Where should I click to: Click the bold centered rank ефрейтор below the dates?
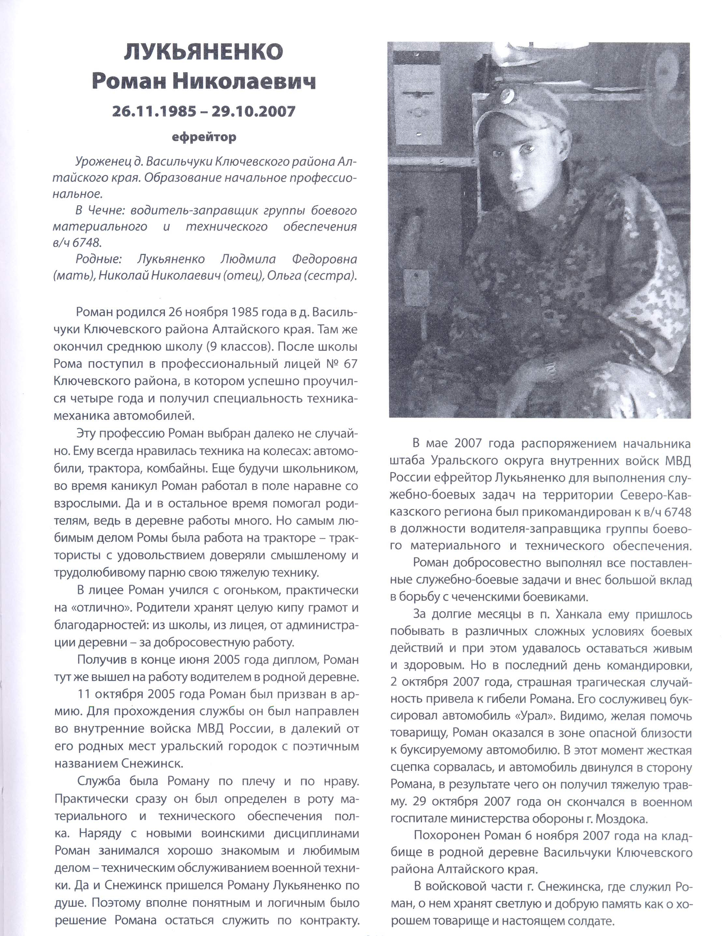pos(204,138)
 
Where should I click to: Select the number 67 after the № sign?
pos(350,363)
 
